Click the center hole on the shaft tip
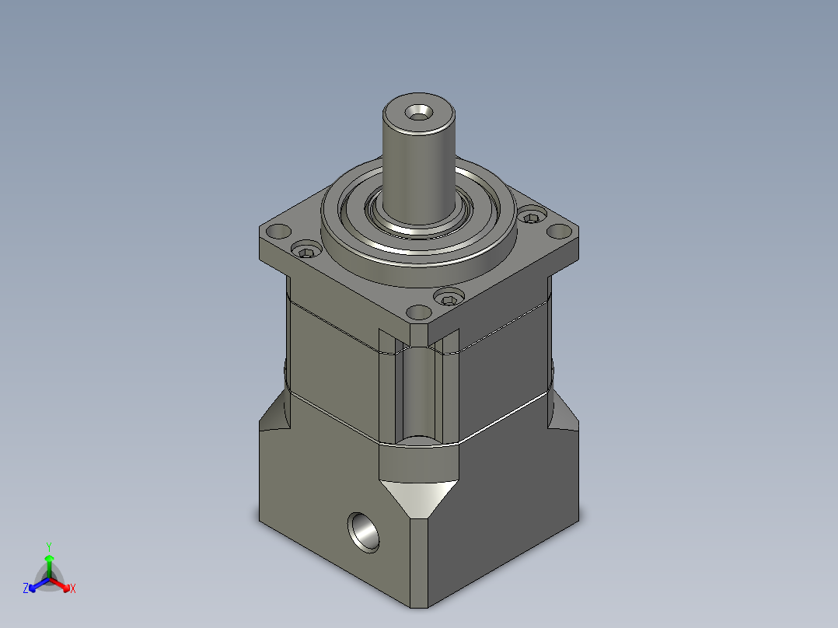pyautogui.click(x=418, y=113)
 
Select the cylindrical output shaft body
pyautogui.click(x=419, y=160)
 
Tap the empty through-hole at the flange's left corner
pyautogui.click(x=278, y=232)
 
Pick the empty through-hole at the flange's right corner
pyautogui.click(x=560, y=232)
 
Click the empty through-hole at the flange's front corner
pyautogui.click(x=419, y=312)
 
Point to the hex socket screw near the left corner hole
pyautogui.click(x=306, y=249)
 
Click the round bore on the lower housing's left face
pyautogui.click(x=364, y=532)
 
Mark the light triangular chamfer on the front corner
pyautogui.click(x=419, y=497)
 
